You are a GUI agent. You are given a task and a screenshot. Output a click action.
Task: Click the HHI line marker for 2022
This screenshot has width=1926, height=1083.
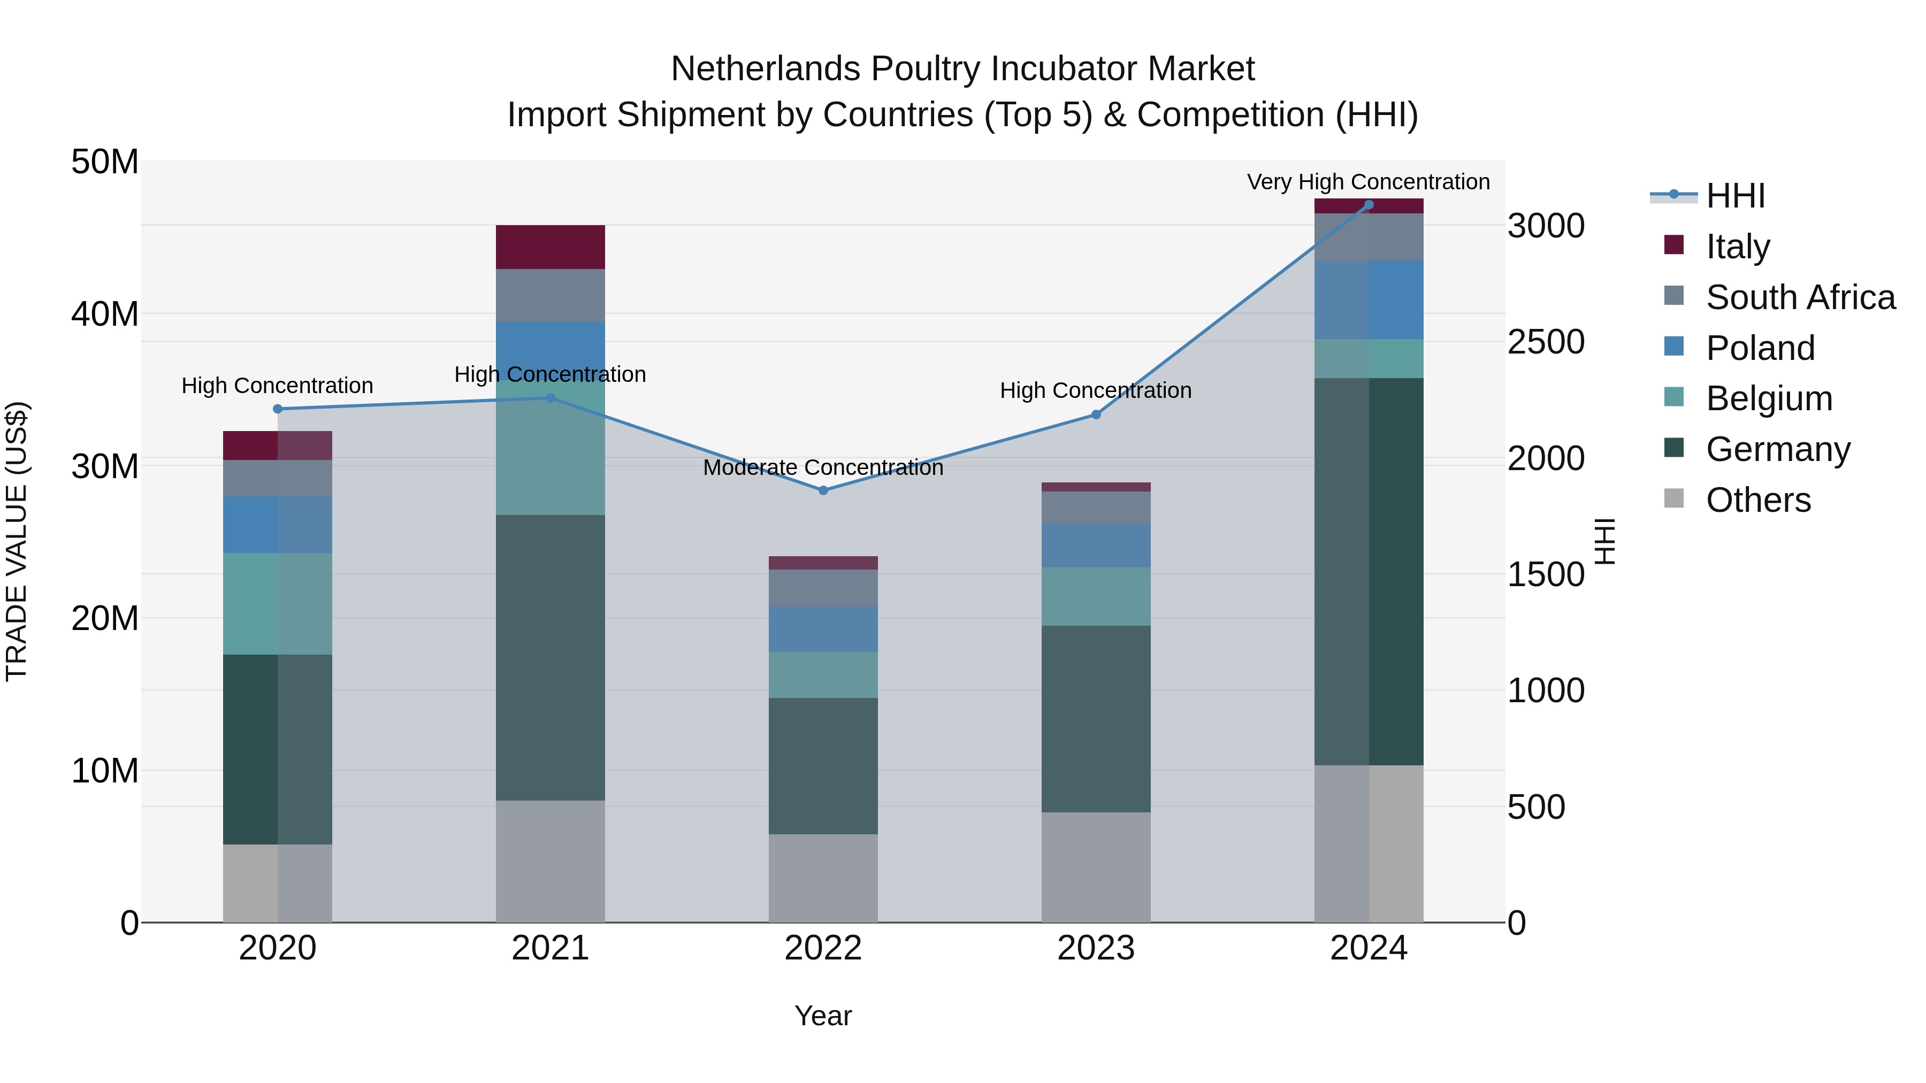(823, 490)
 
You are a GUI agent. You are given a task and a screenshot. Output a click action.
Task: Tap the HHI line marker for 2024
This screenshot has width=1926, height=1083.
(1369, 205)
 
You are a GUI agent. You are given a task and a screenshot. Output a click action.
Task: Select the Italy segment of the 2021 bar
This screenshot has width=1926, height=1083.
(551, 247)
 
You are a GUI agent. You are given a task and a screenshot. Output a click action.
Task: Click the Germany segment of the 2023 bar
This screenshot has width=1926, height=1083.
(1096, 719)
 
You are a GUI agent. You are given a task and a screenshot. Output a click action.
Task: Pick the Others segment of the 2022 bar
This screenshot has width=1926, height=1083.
(823, 878)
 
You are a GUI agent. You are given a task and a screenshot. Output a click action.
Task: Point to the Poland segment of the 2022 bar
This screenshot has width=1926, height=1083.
(823, 629)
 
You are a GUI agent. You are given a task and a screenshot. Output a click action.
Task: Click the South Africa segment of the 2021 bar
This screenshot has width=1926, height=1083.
(551, 295)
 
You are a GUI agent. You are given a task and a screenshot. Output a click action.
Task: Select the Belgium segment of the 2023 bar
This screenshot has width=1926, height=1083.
(1096, 596)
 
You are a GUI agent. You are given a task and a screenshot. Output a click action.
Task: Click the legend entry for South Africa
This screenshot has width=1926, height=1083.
(1800, 297)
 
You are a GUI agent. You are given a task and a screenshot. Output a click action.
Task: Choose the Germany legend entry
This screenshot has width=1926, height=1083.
(1778, 449)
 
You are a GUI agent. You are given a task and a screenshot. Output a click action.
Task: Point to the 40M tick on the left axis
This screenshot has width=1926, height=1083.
(105, 314)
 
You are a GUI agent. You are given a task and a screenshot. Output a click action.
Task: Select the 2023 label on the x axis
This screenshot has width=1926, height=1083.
(1096, 948)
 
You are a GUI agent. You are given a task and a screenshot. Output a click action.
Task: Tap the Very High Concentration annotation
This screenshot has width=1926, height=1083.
(1368, 182)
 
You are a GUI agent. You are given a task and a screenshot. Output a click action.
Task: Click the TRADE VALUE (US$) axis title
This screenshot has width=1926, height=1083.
(17, 541)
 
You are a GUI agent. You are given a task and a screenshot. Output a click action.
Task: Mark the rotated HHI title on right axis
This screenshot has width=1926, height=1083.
(1604, 541)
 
